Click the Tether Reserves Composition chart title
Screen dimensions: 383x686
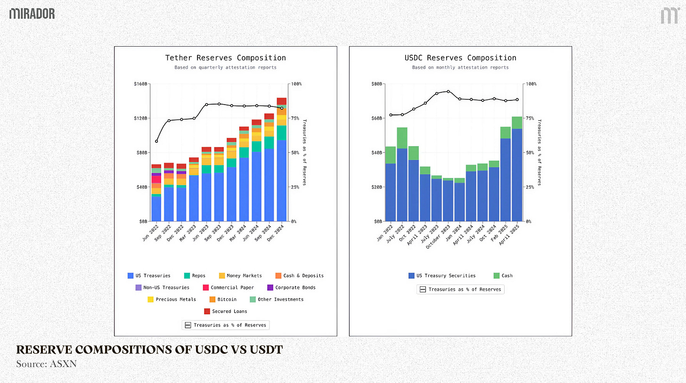225,58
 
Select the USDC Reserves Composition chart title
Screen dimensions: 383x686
460,58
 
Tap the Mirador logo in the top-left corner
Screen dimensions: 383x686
32,13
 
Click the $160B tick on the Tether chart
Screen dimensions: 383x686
141,84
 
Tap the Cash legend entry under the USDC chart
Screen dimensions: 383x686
503,276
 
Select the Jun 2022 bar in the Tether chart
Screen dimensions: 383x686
156,198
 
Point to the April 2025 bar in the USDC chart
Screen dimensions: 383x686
517,174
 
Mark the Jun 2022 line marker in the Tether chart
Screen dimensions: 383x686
156,141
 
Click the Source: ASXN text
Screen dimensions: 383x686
40,364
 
